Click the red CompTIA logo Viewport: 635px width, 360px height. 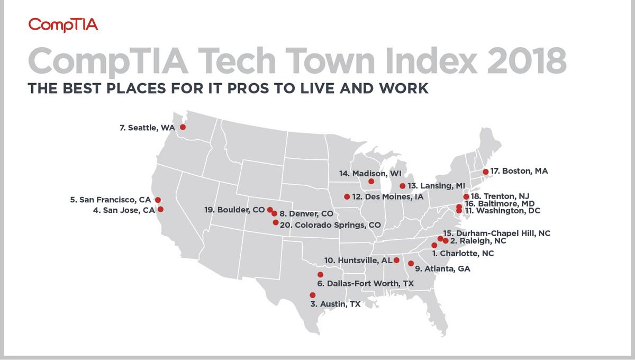point(63,25)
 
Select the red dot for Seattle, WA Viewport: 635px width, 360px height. point(183,127)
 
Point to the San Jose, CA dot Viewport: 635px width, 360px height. point(161,209)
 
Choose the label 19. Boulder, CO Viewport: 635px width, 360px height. point(234,210)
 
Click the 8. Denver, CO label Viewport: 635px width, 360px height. point(306,214)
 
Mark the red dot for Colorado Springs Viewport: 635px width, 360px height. point(275,223)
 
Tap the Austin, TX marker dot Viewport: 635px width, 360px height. point(313,295)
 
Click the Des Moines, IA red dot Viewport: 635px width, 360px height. point(347,196)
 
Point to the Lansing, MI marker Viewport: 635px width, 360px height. point(402,186)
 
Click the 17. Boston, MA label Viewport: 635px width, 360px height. point(519,171)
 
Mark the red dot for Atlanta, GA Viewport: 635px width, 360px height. point(411,263)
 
